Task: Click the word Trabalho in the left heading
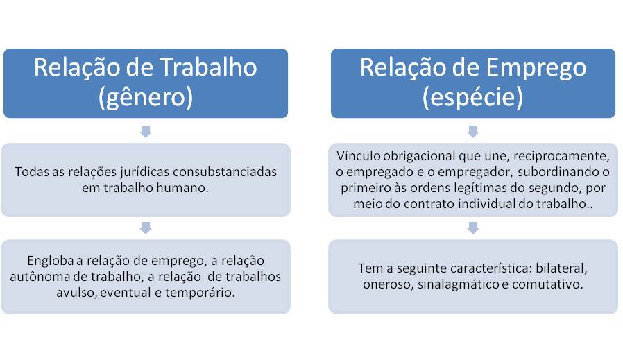(209, 67)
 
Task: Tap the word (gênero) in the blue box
(146, 98)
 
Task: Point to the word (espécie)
(472, 98)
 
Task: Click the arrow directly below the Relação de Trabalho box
(146, 130)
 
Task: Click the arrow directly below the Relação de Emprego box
(472, 130)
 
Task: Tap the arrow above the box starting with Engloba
(146, 227)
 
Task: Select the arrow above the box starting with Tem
(472, 227)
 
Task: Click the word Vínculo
(359, 155)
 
